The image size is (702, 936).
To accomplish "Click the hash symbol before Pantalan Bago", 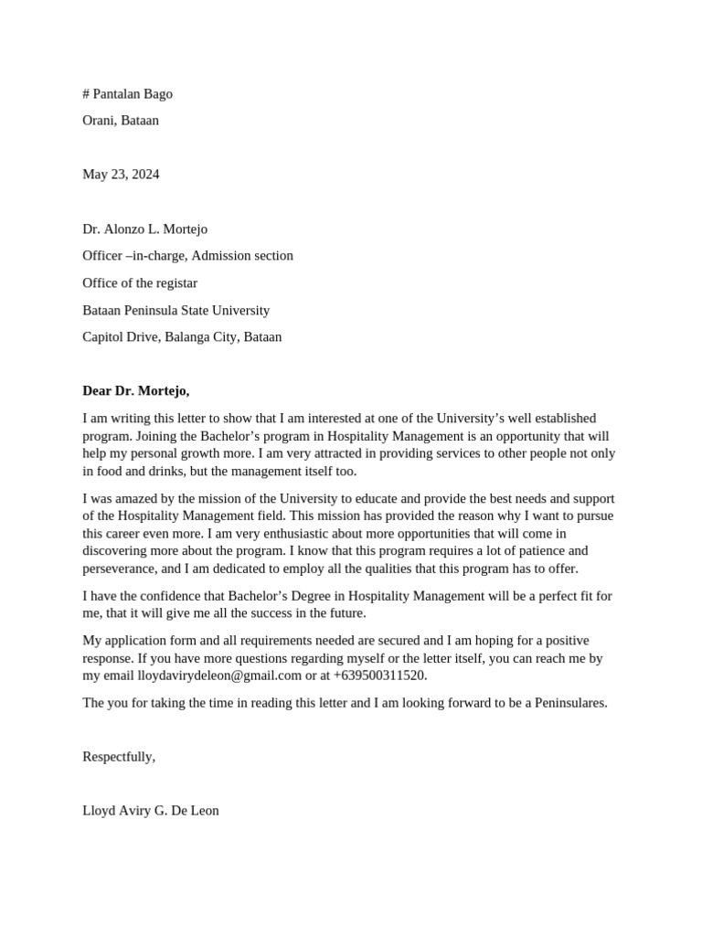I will (86, 94).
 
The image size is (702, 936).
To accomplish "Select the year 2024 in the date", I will (144, 175).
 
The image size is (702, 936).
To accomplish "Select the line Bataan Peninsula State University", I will (175, 311).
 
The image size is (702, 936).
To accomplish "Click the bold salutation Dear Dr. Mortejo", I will (135, 391).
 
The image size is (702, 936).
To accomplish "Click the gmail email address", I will (219, 675).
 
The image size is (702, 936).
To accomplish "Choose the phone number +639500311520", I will (379, 675).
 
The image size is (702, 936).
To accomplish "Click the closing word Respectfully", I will (118, 757).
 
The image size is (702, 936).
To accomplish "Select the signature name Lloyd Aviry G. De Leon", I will (150, 811).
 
